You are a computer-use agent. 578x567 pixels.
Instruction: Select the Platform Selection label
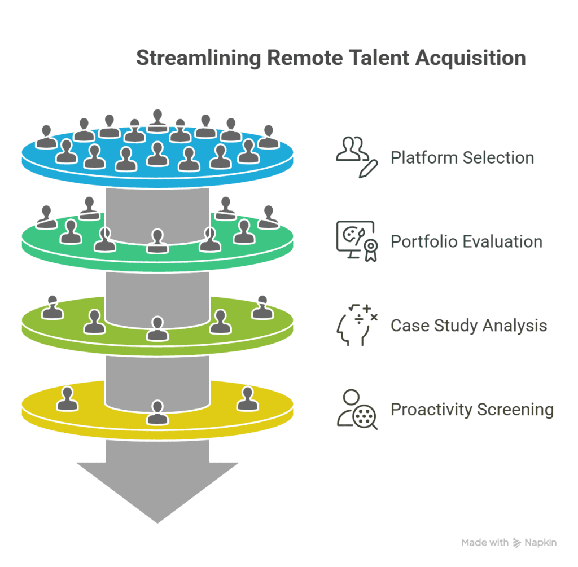pos(462,157)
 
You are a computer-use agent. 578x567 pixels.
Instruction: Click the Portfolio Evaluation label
pos(466,241)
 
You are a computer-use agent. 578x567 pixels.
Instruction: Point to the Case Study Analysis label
pos(468,326)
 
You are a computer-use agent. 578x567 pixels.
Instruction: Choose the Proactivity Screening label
pos(472,409)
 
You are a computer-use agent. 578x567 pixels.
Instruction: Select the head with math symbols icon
pos(356,324)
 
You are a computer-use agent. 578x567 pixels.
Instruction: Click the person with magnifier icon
pos(356,409)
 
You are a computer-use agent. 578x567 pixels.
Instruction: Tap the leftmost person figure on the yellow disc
pos(68,399)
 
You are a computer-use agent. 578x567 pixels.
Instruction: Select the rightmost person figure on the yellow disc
pos(247,399)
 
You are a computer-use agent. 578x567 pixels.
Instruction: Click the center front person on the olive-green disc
pos(157,329)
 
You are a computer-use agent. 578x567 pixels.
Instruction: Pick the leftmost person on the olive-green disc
pos(52,307)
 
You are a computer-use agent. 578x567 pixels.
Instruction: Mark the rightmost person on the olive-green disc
pos(262,307)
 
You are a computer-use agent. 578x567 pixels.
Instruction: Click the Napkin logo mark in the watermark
pos(517,543)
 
